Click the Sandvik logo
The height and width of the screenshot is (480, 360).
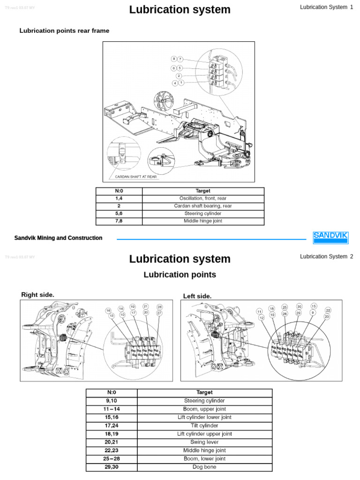(x=330, y=237)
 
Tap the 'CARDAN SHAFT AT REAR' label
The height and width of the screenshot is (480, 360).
(x=136, y=177)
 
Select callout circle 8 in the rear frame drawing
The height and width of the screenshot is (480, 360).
(x=174, y=59)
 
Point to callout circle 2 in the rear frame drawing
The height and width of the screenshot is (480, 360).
(x=179, y=75)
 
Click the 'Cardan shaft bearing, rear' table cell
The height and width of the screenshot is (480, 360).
(x=203, y=206)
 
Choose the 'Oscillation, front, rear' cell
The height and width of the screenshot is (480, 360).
(x=203, y=198)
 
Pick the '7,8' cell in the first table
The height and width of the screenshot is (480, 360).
(x=119, y=221)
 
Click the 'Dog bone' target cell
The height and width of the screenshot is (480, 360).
(x=204, y=467)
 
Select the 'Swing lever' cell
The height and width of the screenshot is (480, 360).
(x=204, y=442)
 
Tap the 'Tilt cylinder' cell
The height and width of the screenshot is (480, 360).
(x=204, y=426)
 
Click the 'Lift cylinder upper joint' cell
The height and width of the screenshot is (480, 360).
(x=204, y=434)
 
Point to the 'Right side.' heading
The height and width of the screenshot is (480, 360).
(x=38, y=294)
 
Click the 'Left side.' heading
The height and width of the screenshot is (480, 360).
(x=197, y=296)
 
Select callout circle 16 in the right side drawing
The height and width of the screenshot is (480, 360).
(x=108, y=311)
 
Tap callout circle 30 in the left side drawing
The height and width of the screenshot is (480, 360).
(x=299, y=307)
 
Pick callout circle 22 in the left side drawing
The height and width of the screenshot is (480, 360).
(x=328, y=310)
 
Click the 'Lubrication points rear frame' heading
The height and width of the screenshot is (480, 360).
(x=64, y=31)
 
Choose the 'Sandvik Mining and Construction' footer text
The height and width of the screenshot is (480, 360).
(x=58, y=238)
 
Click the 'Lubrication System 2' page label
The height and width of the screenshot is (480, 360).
(x=326, y=256)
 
